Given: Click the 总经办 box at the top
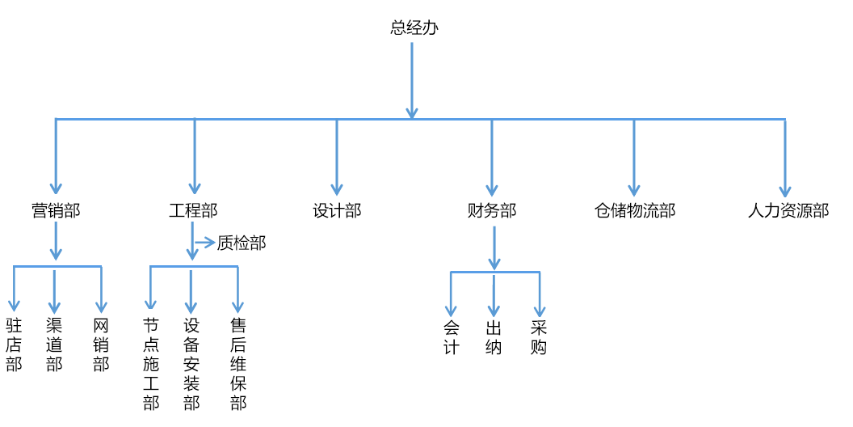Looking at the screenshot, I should tap(414, 27).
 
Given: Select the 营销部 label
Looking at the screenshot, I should tap(56, 211).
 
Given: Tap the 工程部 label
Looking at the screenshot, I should tap(193, 211).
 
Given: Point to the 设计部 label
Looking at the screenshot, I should tap(337, 211).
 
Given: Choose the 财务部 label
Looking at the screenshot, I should tap(492, 211).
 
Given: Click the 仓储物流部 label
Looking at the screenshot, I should tap(634, 211).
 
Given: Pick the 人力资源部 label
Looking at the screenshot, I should tap(788, 211).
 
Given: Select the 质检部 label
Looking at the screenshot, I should tap(241, 243).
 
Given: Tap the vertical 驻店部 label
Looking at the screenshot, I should tap(14, 345).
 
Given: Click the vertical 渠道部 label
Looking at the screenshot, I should tap(54, 345).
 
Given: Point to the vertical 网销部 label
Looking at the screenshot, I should tap(101, 345).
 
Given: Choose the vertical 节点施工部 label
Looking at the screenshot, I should tap(151, 364).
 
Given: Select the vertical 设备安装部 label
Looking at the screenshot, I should tap(191, 364).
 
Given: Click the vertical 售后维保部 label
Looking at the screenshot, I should tap(238, 364).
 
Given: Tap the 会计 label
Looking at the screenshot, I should tap(451, 337).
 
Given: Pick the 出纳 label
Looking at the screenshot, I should tap(494, 337).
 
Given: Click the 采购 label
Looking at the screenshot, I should tap(539, 337).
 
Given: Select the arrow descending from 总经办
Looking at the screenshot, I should tap(412, 81).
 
